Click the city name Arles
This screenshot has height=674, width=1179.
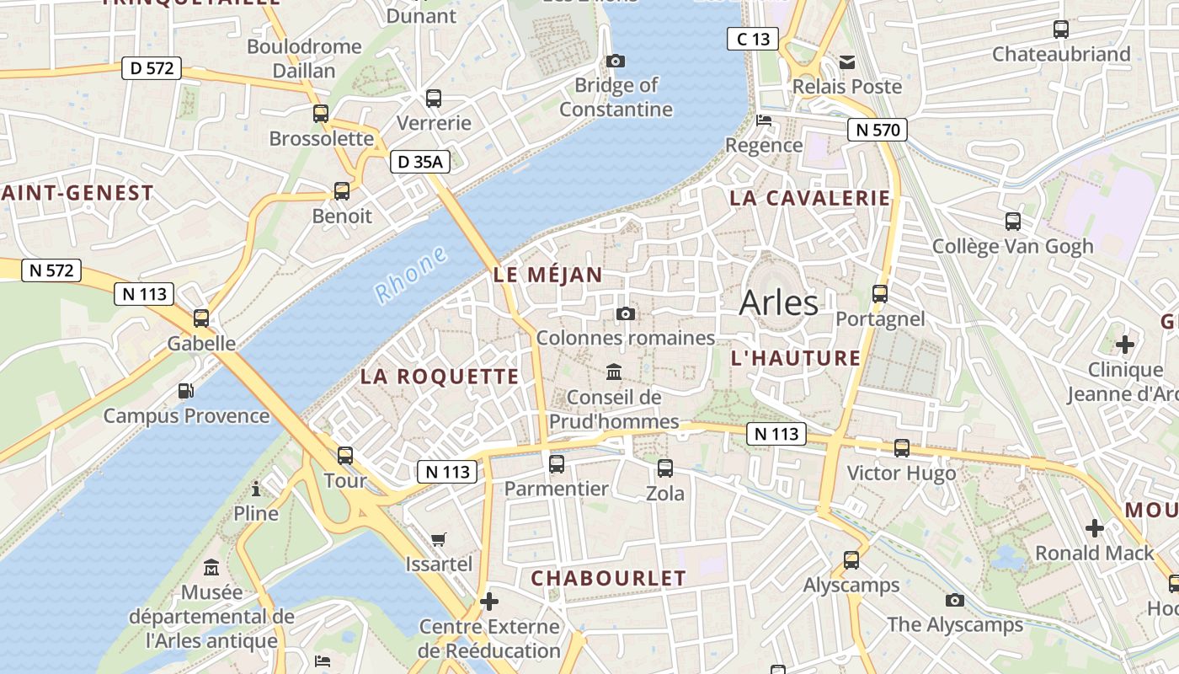click(x=778, y=303)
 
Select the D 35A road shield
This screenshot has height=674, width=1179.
click(x=419, y=162)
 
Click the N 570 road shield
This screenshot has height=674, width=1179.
click(x=878, y=130)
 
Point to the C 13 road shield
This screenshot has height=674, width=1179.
click(x=753, y=39)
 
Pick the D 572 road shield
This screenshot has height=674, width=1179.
click(x=152, y=68)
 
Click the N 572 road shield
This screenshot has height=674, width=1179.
click(x=51, y=270)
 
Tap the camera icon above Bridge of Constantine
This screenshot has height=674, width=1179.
click(x=616, y=61)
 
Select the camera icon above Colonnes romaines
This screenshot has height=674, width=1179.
click(x=625, y=313)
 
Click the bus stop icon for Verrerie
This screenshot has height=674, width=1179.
click(x=434, y=99)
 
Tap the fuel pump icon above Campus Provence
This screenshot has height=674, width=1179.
click(x=185, y=391)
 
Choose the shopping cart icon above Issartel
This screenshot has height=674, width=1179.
click(x=439, y=539)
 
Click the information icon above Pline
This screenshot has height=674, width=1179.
click(x=256, y=489)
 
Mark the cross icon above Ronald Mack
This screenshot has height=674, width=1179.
click(x=1094, y=528)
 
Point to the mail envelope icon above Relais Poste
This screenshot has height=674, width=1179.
click(x=846, y=62)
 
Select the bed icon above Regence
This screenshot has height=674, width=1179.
click(x=764, y=120)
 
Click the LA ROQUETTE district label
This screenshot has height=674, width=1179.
click(x=440, y=377)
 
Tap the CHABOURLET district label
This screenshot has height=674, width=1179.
click(x=608, y=578)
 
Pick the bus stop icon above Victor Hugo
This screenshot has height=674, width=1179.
click(x=902, y=448)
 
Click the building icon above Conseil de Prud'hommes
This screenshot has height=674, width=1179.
click(x=614, y=372)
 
